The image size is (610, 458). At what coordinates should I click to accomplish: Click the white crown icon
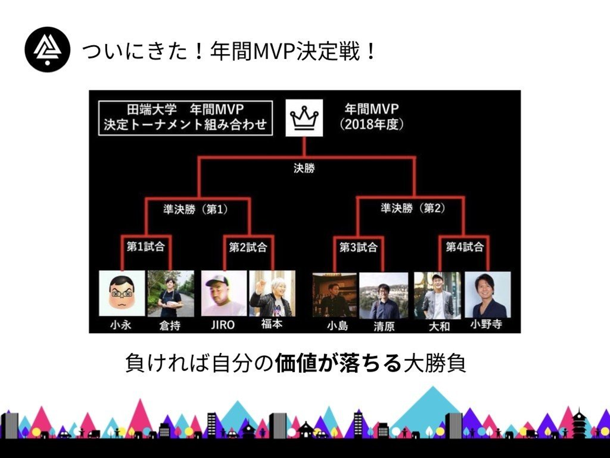(304, 118)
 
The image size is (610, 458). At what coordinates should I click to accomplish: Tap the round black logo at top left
(47, 50)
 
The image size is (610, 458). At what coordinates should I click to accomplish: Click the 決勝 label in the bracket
(304, 168)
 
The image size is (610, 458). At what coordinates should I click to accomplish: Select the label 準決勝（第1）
(196, 209)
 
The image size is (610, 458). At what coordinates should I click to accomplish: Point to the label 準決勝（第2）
(413, 208)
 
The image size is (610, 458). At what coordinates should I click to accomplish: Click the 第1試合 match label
(146, 247)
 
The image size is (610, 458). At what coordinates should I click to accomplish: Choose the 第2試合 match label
(248, 247)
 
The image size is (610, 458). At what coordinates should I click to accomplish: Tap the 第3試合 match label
(358, 247)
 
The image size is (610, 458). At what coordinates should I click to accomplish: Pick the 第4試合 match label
(465, 247)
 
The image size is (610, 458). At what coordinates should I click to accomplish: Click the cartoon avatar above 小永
(122, 293)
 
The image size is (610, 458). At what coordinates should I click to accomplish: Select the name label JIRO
(222, 325)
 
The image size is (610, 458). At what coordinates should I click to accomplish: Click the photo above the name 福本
(272, 293)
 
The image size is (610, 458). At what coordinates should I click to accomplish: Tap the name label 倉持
(170, 326)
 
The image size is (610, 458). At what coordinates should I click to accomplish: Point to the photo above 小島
(335, 295)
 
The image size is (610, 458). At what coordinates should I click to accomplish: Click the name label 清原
(384, 327)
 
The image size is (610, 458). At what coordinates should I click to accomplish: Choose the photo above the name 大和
(438, 295)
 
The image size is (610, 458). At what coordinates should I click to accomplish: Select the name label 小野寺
(486, 324)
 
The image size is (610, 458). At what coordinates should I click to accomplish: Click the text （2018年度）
(372, 124)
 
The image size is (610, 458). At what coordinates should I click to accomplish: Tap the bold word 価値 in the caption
(296, 363)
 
